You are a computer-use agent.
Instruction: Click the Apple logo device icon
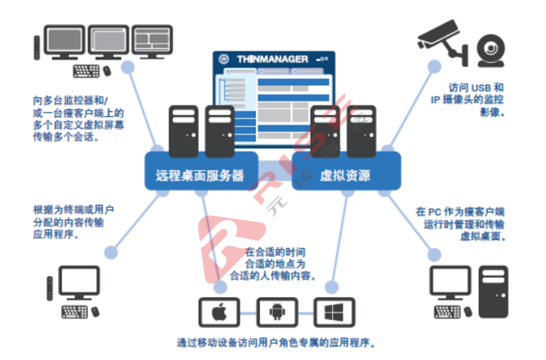(219, 312)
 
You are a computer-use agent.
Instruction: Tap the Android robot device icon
(277, 312)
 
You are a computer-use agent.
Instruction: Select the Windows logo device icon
(334, 312)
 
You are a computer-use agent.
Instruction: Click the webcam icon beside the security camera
(491, 50)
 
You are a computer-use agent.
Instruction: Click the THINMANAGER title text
(272, 59)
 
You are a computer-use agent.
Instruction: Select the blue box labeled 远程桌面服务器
(200, 175)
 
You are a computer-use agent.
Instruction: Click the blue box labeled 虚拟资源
(346, 175)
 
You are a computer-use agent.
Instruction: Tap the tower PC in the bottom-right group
(493, 292)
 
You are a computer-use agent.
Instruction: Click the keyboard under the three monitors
(86, 71)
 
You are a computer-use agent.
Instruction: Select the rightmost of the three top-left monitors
(152, 41)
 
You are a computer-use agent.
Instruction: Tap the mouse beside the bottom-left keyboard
(95, 312)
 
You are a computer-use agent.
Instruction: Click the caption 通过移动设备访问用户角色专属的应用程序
(275, 342)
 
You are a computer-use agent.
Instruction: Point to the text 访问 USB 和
(476, 88)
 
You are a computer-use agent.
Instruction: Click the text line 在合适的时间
(275, 252)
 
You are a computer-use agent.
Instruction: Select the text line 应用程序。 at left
(56, 234)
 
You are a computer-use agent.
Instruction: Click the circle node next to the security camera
(434, 66)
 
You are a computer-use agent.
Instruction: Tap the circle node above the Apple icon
(220, 287)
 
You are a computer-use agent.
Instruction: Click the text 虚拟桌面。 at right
(483, 236)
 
